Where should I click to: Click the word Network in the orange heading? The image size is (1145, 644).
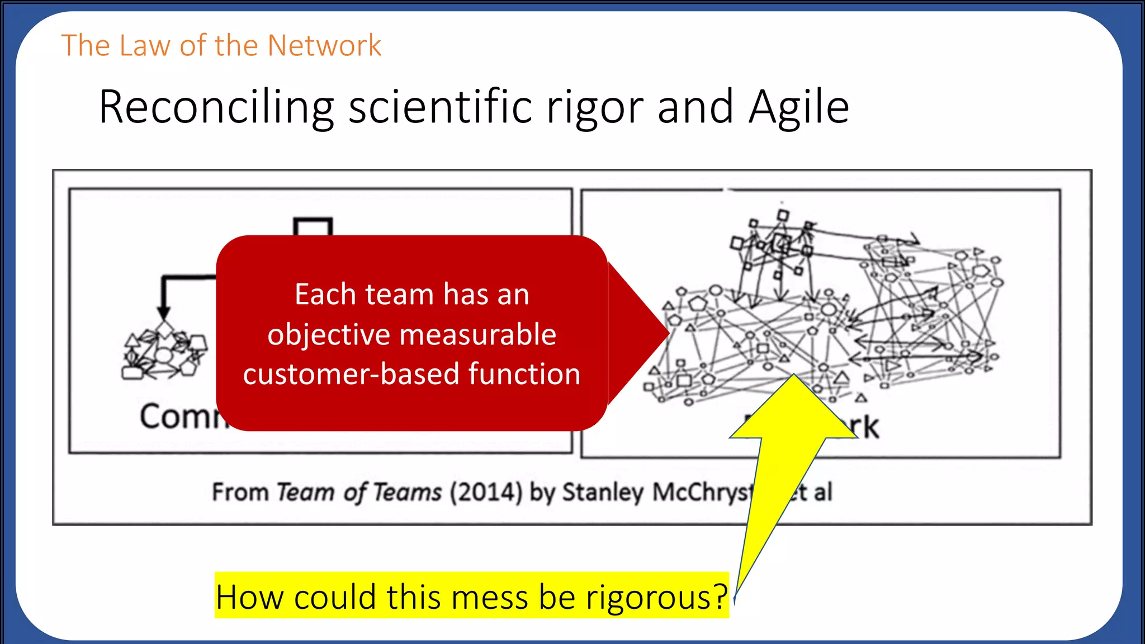[x=324, y=46]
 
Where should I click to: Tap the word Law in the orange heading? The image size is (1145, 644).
[x=144, y=46]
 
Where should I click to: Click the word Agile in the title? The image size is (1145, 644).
[x=799, y=107]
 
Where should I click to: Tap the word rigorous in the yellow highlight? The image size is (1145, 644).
[x=656, y=597]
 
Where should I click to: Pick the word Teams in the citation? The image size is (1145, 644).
[x=408, y=493]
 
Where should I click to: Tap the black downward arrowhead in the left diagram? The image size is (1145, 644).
[x=163, y=313]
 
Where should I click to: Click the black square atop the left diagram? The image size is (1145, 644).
[x=313, y=227]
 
